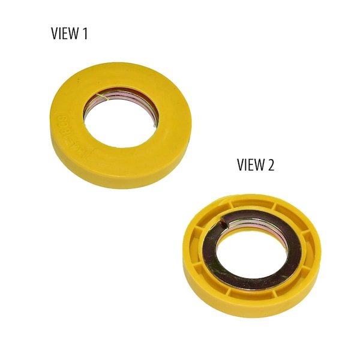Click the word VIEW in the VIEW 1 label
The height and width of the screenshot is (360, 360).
(65, 34)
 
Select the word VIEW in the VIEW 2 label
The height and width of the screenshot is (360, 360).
(251, 165)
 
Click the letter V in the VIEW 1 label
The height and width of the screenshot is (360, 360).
(54, 34)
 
